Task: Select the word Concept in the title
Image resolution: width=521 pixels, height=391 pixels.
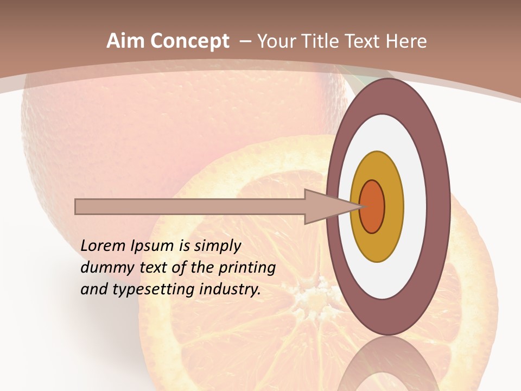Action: point(190,41)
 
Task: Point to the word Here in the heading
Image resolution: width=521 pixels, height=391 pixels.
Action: point(406,41)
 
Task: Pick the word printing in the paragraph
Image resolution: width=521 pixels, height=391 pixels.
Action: point(247,268)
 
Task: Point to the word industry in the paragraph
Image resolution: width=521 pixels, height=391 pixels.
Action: point(230,289)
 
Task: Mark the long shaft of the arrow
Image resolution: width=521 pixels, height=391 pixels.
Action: point(190,207)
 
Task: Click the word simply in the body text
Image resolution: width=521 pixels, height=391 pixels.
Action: point(217,246)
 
